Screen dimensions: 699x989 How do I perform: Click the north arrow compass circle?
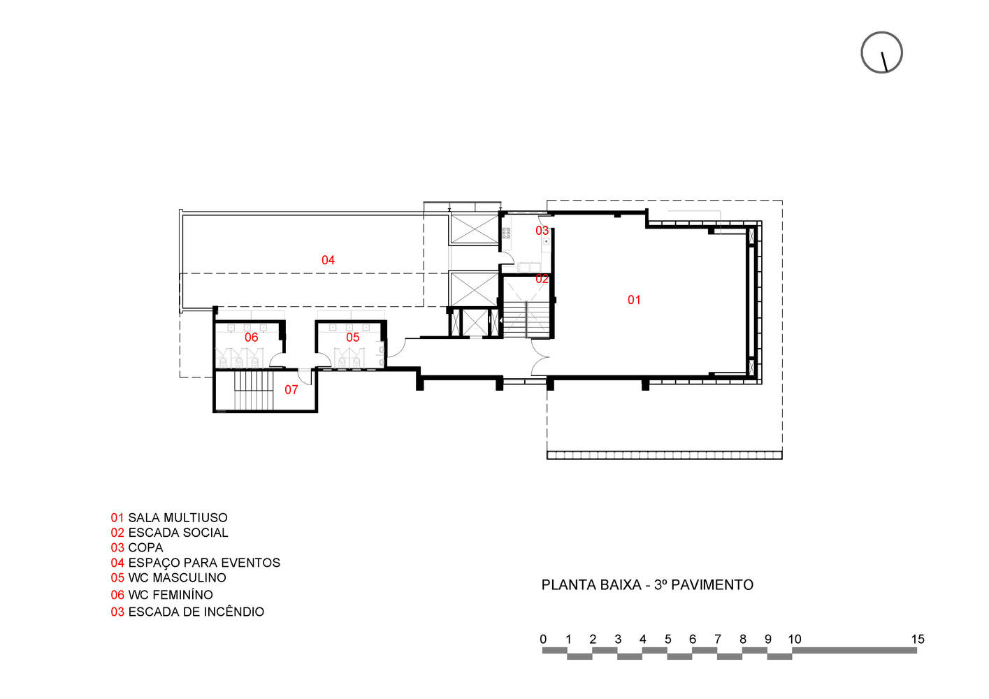pos(881,52)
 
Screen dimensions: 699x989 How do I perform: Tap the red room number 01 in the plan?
pos(634,300)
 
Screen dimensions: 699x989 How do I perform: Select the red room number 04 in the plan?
pos(328,260)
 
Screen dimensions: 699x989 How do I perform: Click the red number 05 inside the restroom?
pos(352,338)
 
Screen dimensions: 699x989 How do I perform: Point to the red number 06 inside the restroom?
pos(251,338)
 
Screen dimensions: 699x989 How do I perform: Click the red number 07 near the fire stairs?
pos(291,390)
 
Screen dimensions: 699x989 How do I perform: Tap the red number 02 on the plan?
pos(542,279)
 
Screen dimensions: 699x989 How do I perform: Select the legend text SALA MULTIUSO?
pos(178,518)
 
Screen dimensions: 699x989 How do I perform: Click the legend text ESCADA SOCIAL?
pos(178,533)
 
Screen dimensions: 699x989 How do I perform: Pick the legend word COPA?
pos(145,548)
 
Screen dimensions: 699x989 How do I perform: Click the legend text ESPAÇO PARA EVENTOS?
pos(204,563)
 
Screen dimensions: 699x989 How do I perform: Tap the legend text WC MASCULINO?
pos(177,578)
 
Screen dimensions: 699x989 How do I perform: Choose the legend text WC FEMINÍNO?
pos(171,595)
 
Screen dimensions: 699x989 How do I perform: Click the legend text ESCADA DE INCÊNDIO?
pos(196,612)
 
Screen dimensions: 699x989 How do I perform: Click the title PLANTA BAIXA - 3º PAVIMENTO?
pos(647,585)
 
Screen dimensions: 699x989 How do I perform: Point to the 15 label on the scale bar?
pos(917,639)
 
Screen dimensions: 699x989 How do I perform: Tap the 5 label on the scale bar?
pos(667,639)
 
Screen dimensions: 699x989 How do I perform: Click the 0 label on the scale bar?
pos(543,639)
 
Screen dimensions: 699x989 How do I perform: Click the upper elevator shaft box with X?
pos(472,229)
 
